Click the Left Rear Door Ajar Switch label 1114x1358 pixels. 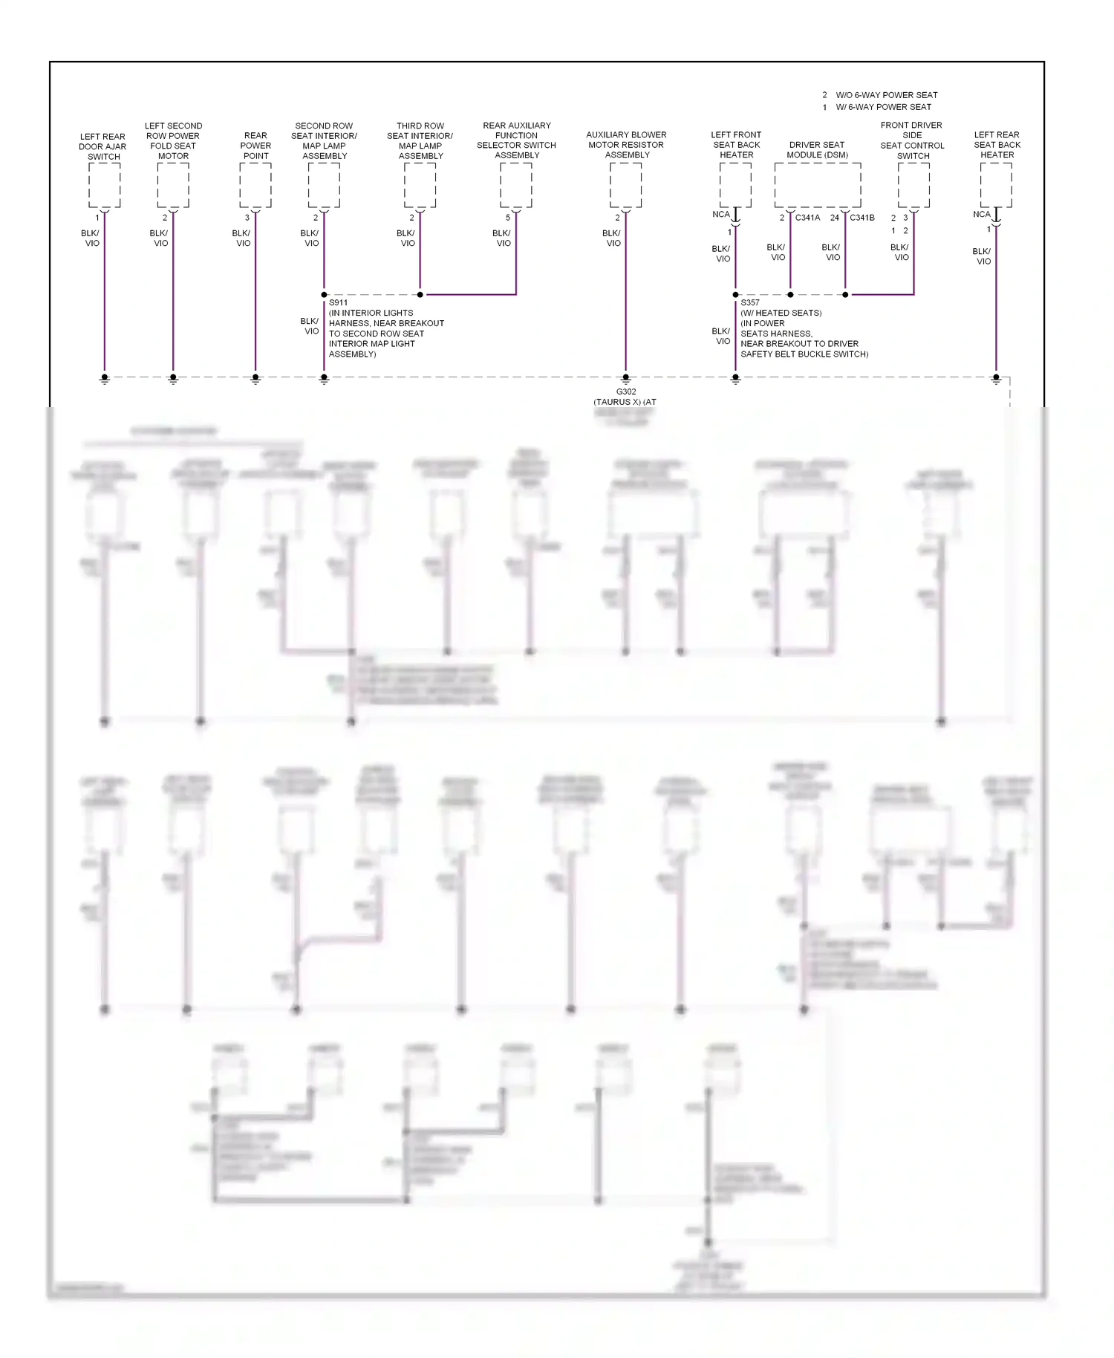(x=103, y=146)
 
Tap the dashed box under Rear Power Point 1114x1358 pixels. (x=255, y=185)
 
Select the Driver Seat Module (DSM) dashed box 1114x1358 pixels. (x=818, y=185)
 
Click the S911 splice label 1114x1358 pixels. (x=338, y=302)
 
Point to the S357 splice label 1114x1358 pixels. (x=750, y=302)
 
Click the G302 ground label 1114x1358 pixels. (x=626, y=392)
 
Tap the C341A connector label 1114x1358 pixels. (x=807, y=218)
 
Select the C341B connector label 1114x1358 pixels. (x=862, y=218)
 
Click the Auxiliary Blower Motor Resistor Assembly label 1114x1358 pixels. (x=627, y=145)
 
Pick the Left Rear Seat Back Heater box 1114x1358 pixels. (x=996, y=185)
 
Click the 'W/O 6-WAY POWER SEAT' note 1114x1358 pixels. (x=886, y=95)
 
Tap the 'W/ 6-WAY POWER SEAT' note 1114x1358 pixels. (x=883, y=107)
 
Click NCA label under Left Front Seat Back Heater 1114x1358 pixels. (x=720, y=214)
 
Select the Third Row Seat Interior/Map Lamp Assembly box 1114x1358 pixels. (x=420, y=185)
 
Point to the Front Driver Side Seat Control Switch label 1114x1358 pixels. (x=912, y=140)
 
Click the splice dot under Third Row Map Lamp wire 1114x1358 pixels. (x=420, y=295)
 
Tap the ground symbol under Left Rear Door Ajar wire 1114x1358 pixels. (x=105, y=379)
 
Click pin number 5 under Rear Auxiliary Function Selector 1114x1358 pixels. (x=508, y=218)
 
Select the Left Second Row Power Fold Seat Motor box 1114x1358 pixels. (x=173, y=185)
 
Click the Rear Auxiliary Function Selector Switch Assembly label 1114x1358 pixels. (x=517, y=140)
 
